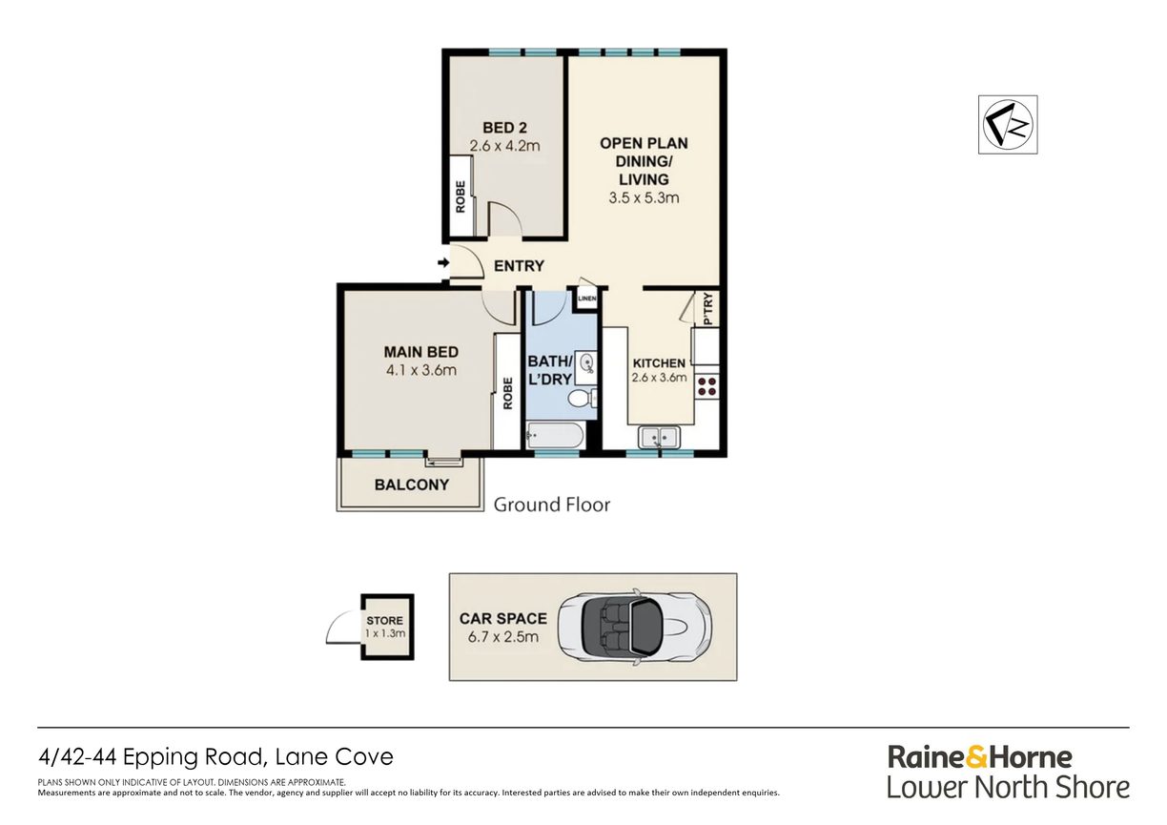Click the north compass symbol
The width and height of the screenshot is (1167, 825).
(1008, 125)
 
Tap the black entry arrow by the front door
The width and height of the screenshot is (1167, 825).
(443, 262)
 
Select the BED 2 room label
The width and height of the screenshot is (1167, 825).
(504, 128)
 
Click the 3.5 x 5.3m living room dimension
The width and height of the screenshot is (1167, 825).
(644, 198)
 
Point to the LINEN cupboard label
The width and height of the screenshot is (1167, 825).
(587, 299)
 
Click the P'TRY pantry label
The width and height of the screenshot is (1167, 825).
(707, 309)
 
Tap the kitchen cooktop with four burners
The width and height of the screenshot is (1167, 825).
(707, 386)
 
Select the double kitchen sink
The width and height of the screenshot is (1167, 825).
(659, 437)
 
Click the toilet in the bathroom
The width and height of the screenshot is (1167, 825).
(583, 400)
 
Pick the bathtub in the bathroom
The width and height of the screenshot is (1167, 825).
(555, 436)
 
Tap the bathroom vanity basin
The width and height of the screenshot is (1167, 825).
(586, 363)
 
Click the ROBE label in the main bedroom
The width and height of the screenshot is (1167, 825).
(508, 393)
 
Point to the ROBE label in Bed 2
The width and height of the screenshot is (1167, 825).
(461, 196)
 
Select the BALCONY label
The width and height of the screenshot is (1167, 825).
(412, 485)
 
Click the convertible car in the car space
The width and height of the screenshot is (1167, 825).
(635, 627)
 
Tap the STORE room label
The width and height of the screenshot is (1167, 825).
(384, 620)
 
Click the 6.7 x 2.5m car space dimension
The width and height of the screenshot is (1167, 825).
(503, 637)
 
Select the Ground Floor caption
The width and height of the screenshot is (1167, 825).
(552, 505)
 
